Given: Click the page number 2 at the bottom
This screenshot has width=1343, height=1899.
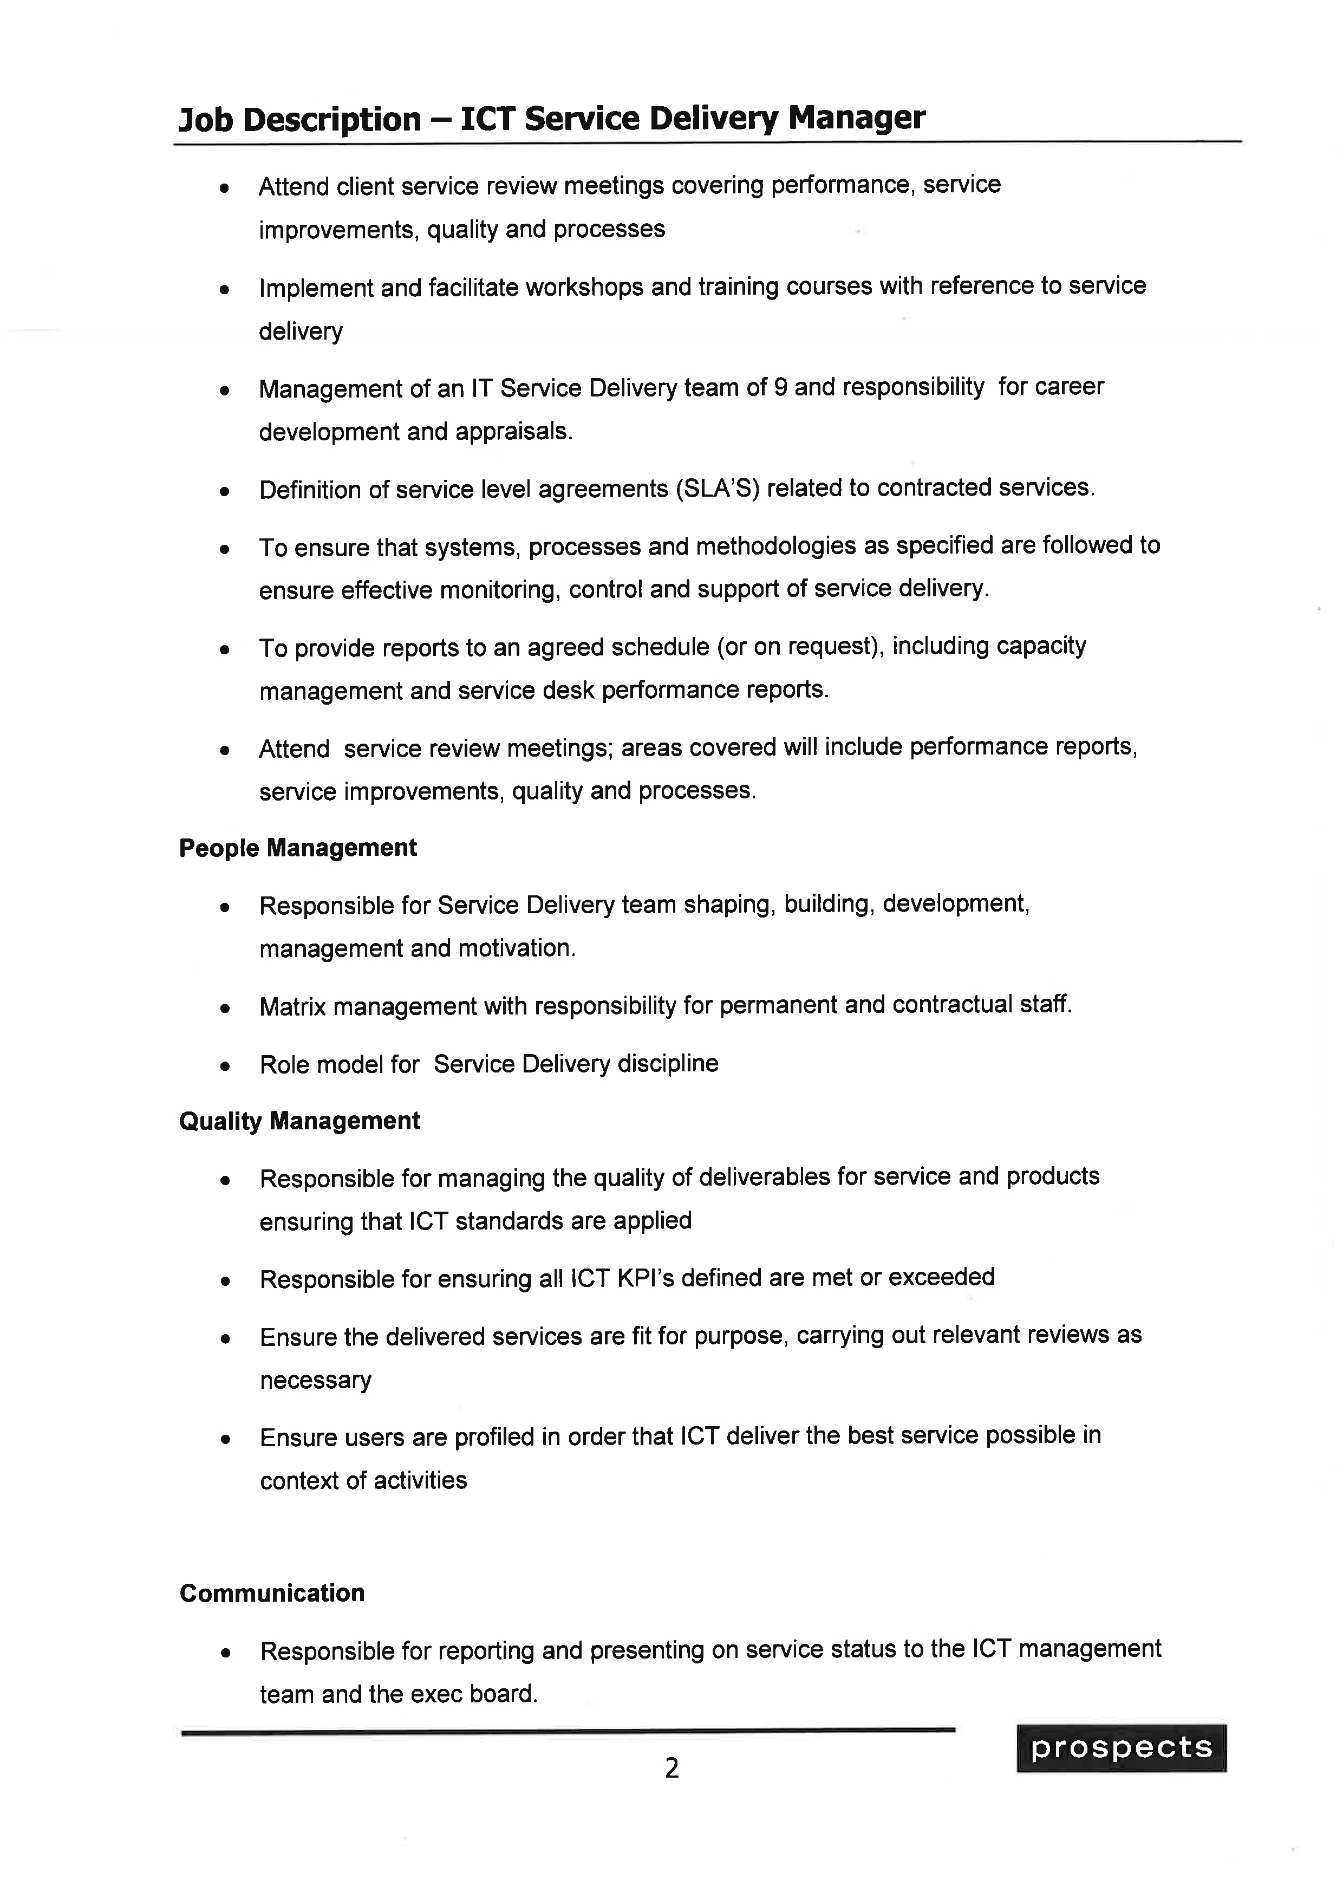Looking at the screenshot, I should click(x=671, y=1767).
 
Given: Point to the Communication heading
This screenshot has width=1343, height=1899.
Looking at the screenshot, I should click(x=272, y=1593).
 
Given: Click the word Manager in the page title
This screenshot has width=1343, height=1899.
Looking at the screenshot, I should click(x=856, y=118).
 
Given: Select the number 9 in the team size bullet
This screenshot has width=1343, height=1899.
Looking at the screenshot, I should click(x=780, y=387).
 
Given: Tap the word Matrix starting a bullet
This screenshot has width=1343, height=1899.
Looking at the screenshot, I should click(x=293, y=1006).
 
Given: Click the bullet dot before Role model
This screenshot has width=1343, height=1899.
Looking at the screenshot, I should click(x=224, y=1066).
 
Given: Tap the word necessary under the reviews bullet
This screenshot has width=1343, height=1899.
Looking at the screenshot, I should click(x=315, y=1381).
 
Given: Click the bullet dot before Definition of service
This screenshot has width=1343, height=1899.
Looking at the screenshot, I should click(x=224, y=491).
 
